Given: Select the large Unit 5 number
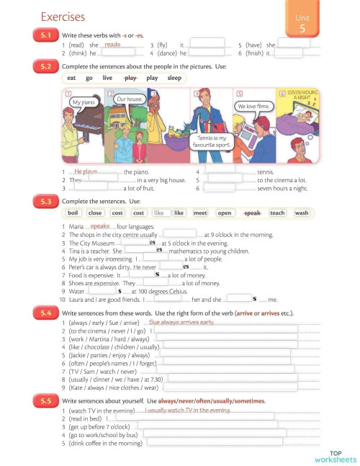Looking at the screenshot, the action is pos(303,28).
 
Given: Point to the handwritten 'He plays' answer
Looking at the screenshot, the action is pos(86,171).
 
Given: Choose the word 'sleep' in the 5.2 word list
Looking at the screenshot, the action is pos(174,78).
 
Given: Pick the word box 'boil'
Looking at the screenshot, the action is pos(73,213).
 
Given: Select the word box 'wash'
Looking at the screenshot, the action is pos(301,213).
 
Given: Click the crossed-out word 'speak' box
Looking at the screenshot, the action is pos(251,213).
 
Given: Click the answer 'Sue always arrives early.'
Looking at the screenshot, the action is pos(186,322).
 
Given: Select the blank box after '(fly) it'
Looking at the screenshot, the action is pos(206,44).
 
